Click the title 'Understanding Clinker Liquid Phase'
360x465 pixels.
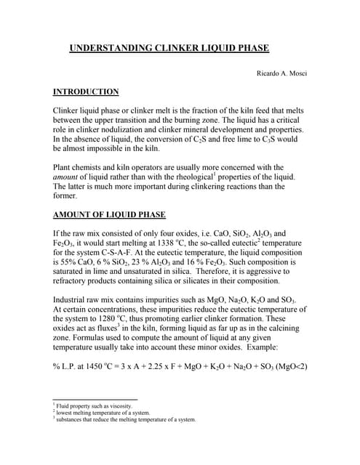[169, 49]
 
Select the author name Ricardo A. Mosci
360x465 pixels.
[280, 74]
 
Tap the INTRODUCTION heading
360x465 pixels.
[86, 92]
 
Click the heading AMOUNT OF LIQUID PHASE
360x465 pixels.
[109, 214]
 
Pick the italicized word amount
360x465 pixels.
[66, 177]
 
